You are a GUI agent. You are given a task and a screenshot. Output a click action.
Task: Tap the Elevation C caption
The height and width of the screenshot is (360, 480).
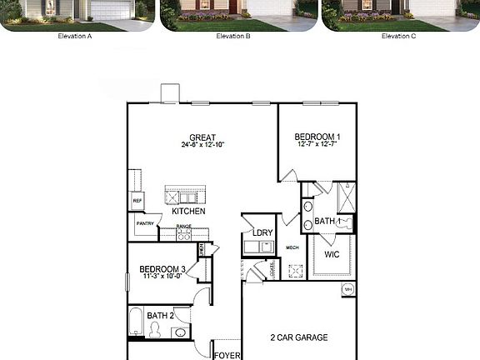[399, 37]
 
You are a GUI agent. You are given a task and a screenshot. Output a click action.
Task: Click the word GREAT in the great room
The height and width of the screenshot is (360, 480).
[202, 137]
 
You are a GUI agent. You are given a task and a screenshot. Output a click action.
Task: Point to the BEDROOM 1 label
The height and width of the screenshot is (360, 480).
[317, 137]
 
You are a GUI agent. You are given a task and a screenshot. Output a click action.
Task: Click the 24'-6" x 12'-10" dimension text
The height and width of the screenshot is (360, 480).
[202, 145]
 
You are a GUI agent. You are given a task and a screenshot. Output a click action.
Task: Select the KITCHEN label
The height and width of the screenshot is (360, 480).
[188, 212]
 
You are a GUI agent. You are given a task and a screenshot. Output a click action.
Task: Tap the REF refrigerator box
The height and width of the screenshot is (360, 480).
[137, 201]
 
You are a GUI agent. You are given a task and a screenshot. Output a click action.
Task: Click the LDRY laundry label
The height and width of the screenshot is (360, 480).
[263, 232]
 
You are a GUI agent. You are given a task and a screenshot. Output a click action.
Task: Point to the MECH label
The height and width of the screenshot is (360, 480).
[292, 247]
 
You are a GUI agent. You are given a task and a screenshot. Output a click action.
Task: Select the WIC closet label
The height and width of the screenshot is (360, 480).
[332, 254]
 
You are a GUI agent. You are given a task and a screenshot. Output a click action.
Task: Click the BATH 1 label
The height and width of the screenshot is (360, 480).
[327, 222]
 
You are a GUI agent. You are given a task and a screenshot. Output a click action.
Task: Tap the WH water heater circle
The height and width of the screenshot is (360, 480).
[347, 289]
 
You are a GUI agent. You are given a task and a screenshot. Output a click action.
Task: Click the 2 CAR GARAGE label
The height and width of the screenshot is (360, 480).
[298, 337]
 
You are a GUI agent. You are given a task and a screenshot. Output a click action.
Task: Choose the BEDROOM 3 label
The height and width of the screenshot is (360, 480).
[162, 269]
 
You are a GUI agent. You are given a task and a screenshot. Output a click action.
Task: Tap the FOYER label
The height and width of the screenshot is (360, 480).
[227, 355]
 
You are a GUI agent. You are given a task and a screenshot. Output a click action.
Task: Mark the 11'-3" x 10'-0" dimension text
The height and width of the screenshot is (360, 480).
[162, 277]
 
